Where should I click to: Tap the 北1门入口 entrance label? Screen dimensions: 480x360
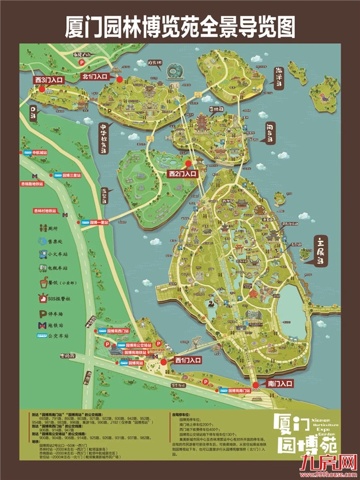pos(95,75)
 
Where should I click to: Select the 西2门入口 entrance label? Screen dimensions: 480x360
pos(183,173)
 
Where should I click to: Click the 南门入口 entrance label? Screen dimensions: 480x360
pos(273,383)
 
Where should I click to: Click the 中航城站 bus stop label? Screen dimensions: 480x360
pos(42,153)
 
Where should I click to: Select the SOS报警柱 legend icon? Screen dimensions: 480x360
pos(43,298)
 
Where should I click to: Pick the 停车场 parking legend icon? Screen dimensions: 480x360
pos(43,312)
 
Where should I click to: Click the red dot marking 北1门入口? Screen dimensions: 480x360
pos(120,80)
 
